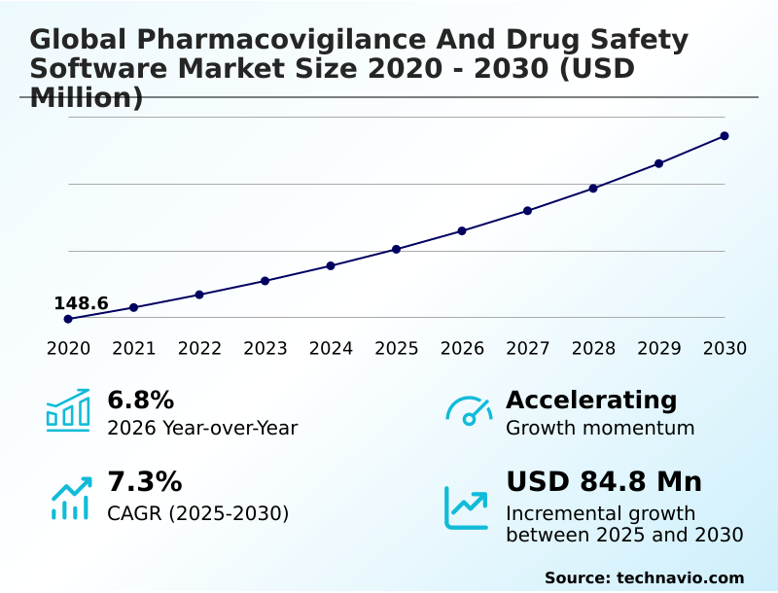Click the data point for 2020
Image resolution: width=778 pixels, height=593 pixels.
[x=68, y=319]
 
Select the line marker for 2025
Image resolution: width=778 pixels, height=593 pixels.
[x=397, y=250]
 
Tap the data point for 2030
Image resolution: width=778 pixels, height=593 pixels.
[x=725, y=136]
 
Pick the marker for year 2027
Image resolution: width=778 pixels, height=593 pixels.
[x=528, y=211]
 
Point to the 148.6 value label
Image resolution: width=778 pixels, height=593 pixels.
[x=81, y=303]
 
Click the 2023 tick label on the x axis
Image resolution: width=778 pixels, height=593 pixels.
[x=265, y=349]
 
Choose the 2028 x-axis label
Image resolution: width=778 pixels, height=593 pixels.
[x=593, y=349]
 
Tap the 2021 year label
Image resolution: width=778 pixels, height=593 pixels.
[x=134, y=349]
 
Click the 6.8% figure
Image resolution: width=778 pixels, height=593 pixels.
[x=140, y=401]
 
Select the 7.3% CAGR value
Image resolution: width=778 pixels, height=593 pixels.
[x=144, y=482]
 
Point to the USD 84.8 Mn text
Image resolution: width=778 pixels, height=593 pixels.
[x=604, y=482]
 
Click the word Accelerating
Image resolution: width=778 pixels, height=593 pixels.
[x=591, y=401]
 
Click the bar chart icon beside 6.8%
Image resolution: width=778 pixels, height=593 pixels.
[x=68, y=411]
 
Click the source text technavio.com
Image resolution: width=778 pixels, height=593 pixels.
[x=680, y=577]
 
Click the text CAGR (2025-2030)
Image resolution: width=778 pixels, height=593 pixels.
[x=197, y=513]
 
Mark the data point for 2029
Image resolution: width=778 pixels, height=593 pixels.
[x=659, y=163]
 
